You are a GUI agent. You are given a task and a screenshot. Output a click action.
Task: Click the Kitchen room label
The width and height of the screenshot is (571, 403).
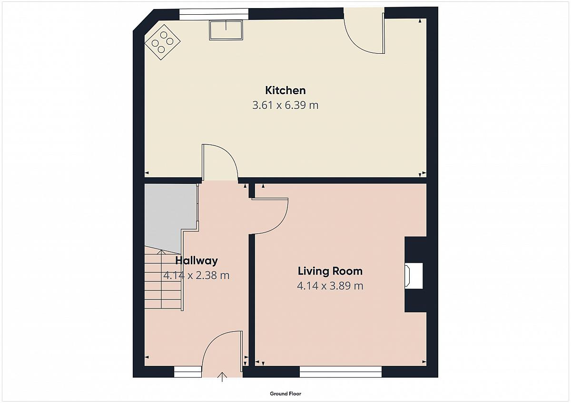(x=285, y=90)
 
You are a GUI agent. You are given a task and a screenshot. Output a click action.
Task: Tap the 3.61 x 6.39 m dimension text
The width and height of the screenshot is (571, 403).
(x=285, y=105)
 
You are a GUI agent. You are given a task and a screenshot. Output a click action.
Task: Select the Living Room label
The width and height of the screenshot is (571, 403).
(x=330, y=271)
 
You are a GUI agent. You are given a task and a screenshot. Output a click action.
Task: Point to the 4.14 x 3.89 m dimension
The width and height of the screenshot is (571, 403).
(x=330, y=286)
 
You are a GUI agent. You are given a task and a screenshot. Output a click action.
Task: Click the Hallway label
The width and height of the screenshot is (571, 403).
(x=197, y=261)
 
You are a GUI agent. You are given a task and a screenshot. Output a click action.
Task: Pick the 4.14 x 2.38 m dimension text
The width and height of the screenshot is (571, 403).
(x=196, y=275)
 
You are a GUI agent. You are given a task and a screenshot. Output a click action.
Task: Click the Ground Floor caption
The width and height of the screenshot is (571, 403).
(x=285, y=394)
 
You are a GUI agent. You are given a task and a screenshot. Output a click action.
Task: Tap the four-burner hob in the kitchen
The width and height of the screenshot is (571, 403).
(x=162, y=42)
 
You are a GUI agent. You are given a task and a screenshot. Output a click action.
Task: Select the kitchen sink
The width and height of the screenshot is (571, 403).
(x=226, y=30)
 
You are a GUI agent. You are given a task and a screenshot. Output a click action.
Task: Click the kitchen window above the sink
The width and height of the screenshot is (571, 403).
(x=214, y=14)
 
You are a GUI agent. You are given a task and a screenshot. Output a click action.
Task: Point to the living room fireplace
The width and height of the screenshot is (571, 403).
(x=413, y=276)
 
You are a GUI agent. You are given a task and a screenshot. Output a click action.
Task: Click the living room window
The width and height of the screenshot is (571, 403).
(x=341, y=372)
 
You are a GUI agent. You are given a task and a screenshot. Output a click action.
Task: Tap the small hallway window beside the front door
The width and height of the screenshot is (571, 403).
(x=188, y=372)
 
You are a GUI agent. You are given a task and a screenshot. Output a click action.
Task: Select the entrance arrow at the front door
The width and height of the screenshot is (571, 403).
(x=222, y=377)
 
